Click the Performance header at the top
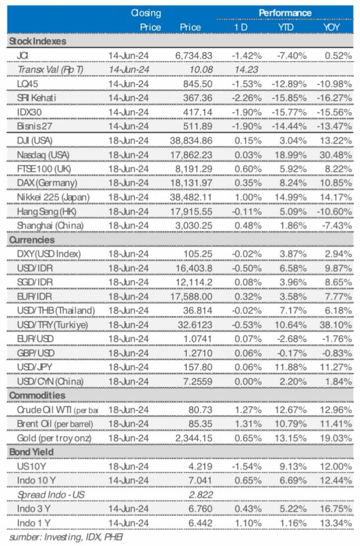285,12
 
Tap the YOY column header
330,27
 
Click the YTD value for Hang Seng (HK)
289,211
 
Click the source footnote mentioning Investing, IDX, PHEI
66,537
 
